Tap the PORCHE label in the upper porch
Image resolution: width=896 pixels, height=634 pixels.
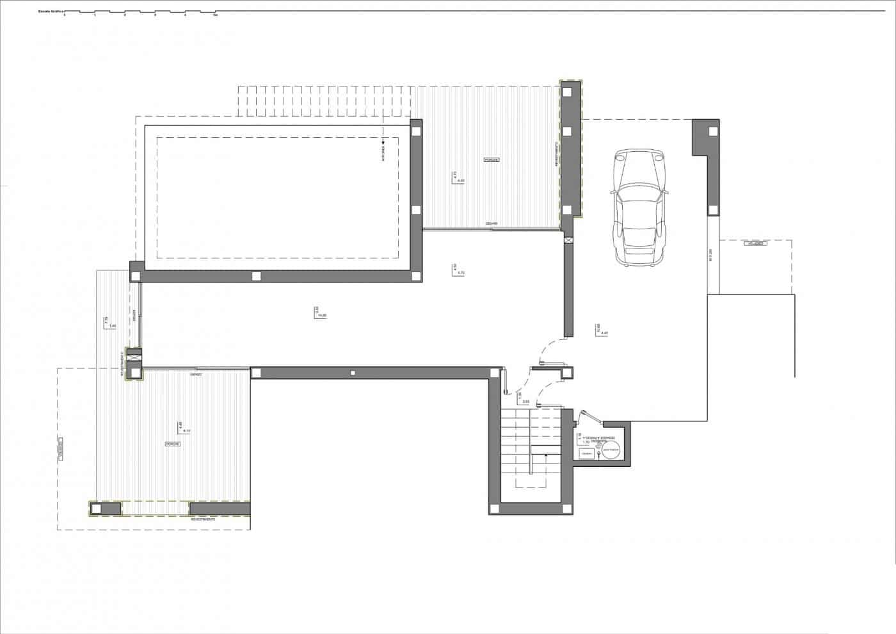(x=492, y=159)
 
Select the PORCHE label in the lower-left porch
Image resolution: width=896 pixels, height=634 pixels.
(x=173, y=444)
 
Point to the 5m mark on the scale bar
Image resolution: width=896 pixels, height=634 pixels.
(x=216, y=15)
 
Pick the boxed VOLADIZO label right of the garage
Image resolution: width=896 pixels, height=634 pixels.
(x=756, y=244)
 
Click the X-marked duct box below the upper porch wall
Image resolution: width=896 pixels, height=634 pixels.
(x=568, y=240)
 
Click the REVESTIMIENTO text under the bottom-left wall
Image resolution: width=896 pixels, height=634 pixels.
(x=203, y=520)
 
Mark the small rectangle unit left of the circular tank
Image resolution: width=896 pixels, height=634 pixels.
(x=586, y=453)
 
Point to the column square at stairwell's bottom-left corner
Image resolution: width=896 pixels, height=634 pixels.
(x=495, y=508)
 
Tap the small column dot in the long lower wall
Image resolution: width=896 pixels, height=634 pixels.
(x=353, y=373)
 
